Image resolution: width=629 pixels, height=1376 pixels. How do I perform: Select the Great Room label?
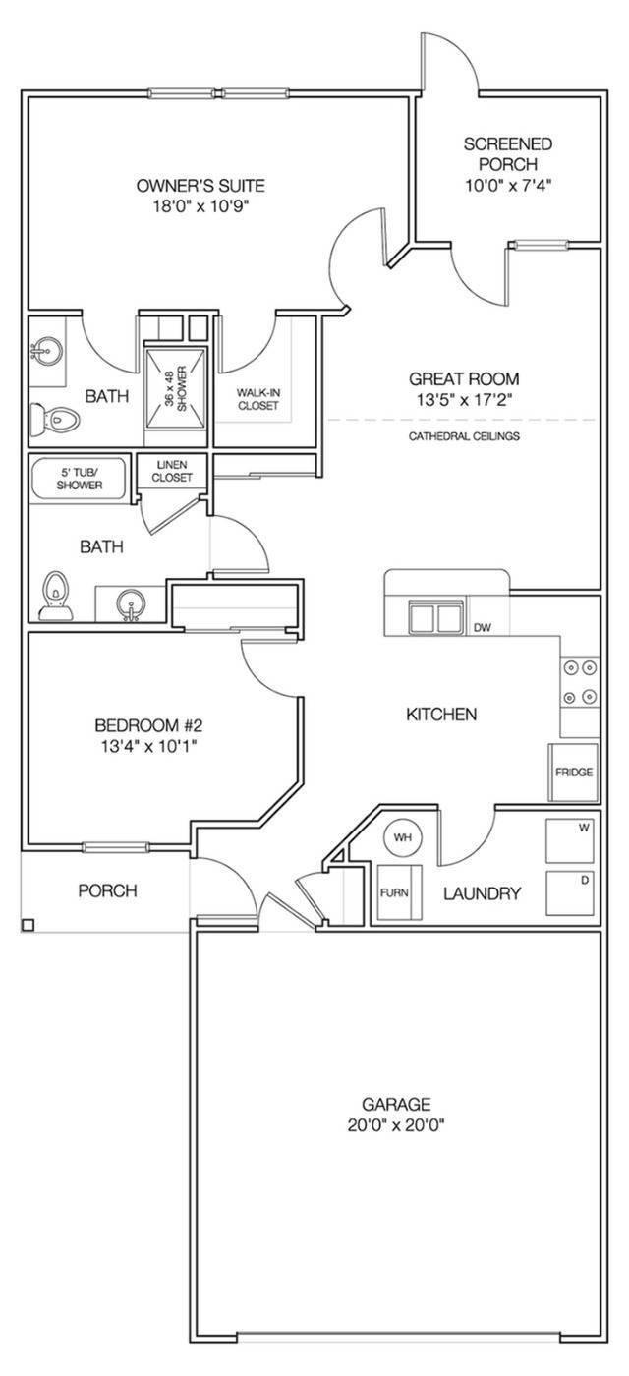tap(464, 378)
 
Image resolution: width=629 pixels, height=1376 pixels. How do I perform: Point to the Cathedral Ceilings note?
tap(464, 435)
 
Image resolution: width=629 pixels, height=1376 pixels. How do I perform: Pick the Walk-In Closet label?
tap(257, 399)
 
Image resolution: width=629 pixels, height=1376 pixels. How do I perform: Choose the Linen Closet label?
tap(171, 471)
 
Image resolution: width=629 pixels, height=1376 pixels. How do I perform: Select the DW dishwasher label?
tap(482, 627)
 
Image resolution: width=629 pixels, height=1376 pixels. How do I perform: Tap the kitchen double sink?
tap(435, 618)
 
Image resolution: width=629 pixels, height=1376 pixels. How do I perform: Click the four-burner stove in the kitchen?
tap(580, 682)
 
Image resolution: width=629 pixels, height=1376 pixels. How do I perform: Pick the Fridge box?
tap(574, 773)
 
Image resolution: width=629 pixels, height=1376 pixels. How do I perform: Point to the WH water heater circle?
tap(402, 837)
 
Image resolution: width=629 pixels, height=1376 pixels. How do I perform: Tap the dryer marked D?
tap(571, 893)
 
